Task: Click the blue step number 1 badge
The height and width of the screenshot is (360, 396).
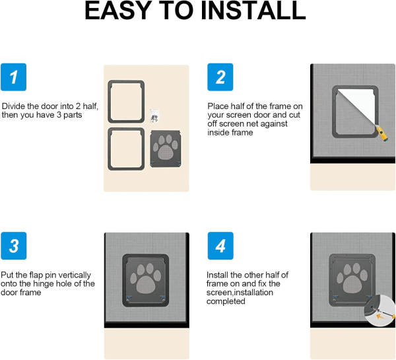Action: (x=14, y=77)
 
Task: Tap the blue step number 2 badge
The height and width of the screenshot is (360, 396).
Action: (x=220, y=77)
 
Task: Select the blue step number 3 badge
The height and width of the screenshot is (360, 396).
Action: (x=14, y=246)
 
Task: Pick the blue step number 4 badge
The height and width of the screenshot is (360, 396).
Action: (x=220, y=246)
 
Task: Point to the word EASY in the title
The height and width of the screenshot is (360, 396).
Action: (x=119, y=11)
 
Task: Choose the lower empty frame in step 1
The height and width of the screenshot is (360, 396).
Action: (x=126, y=149)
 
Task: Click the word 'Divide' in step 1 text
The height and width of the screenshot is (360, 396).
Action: (x=13, y=106)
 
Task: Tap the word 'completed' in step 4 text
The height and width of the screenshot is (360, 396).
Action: (x=226, y=301)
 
